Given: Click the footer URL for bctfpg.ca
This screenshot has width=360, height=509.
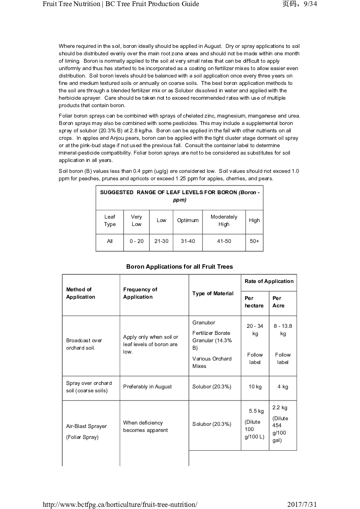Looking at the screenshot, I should click(x=120, y=504).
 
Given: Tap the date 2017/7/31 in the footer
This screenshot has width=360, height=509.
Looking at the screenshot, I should click(x=303, y=504).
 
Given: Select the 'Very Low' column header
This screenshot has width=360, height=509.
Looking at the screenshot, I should click(x=136, y=220).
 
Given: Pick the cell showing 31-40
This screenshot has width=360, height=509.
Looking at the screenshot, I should click(x=188, y=241).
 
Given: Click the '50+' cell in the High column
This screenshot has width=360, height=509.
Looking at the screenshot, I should click(x=254, y=241).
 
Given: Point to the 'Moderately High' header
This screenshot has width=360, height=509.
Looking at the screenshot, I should click(x=224, y=220).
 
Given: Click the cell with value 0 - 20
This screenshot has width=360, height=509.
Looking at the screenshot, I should click(x=136, y=241).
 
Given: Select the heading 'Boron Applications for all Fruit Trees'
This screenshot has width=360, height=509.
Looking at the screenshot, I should click(x=179, y=266).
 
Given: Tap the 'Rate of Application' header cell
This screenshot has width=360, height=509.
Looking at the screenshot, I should click(x=269, y=281).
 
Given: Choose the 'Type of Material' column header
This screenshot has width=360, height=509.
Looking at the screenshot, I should click(x=213, y=293).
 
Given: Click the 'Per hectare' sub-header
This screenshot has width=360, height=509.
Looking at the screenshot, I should click(x=254, y=302).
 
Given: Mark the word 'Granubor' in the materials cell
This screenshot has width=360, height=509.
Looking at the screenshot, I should click(x=204, y=323).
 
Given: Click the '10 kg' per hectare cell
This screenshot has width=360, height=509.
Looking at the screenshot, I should click(x=255, y=387).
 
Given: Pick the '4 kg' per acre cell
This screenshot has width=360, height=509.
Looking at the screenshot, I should click(x=283, y=387).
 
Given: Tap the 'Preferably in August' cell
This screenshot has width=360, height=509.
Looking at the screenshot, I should click(x=148, y=387).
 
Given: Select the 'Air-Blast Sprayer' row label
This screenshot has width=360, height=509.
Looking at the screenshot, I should click(x=86, y=426).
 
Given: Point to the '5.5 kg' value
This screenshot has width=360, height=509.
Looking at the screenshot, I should click(x=256, y=411).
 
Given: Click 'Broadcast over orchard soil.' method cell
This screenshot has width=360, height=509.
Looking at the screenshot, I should click(x=84, y=344).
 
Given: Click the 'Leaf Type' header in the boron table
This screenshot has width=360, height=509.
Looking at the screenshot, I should click(x=110, y=220).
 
